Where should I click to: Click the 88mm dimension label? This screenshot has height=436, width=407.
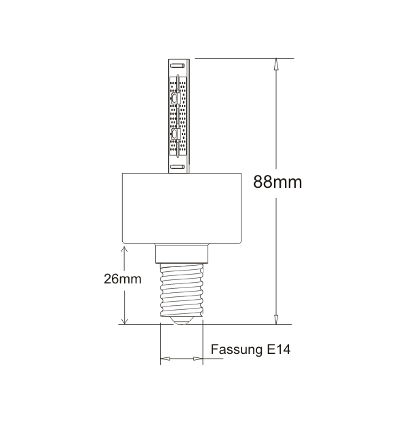pyautogui.click(x=277, y=182)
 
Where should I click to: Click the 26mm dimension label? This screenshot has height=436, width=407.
pyautogui.click(x=122, y=279)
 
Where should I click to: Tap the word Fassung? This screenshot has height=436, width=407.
pyautogui.click(x=237, y=350)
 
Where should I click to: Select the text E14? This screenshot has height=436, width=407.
pyautogui.click(x=279, y=349)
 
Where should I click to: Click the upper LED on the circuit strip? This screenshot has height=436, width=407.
pyautogui.click(x=175, y=98)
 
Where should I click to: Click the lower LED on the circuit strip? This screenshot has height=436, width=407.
pyautogui.click(x=174, y=134)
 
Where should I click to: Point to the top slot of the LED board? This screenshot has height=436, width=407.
pyautogui.click(x=177, y=66)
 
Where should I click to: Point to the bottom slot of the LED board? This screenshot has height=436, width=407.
pyautogui.click(x=177, y=167)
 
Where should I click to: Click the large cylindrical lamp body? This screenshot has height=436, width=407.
pyautogui.click(x=182, y=209)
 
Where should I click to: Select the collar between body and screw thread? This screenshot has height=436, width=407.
pyautogui.click(x=182, y=254)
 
